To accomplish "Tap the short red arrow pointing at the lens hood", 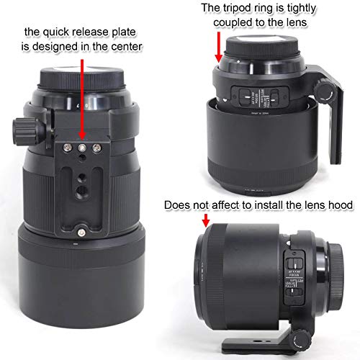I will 204,218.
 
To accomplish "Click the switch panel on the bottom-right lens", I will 294,269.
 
